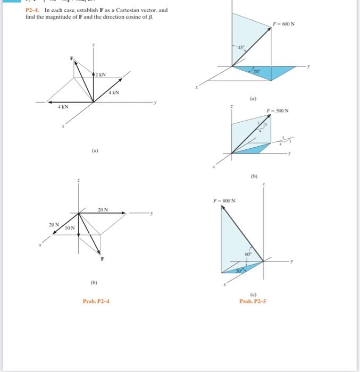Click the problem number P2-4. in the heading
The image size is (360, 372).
point(34,10)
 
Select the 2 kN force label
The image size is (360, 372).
point(100,75)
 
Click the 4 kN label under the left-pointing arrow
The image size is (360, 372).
point(63,107)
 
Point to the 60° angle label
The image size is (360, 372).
point(247,255)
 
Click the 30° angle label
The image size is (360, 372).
point(239,270)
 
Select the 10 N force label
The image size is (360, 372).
point(69,227)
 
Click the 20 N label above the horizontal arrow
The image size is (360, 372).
point(103,209)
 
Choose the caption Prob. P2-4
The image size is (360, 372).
point(96,301)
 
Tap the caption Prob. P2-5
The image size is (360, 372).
point(253,301)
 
